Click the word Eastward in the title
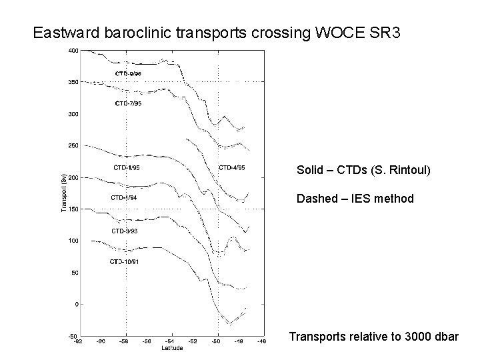[x=63, y=32]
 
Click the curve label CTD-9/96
[x=128, y=73]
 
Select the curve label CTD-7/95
[x=128, y=103]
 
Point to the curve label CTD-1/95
[x=126, y=167]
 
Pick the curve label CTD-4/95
[x=231, y=167]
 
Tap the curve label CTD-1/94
[x=124, y=197]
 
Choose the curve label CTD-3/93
[x=125, y=231]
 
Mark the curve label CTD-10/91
[x=125, y=261]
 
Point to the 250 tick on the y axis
[x=73, y=145]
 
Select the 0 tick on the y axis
[x=76, y=304]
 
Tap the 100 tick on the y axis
[x=73, y=241]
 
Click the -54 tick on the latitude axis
[x=171, y=341]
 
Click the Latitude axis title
[x=171, y=347]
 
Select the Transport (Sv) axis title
[x=63, y=193]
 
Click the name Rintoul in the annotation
[x=411, y=171]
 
